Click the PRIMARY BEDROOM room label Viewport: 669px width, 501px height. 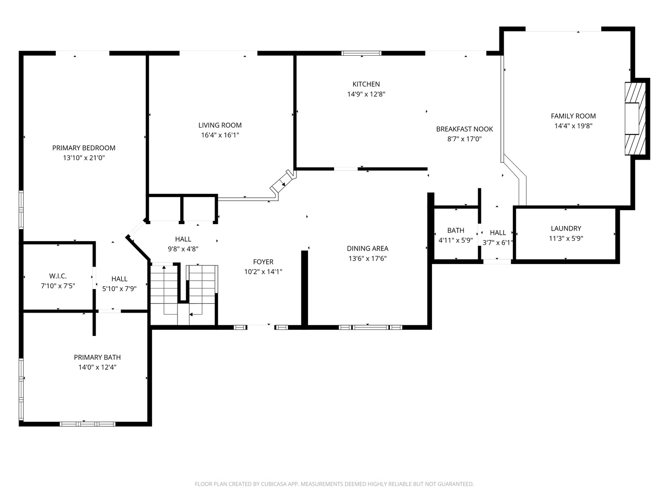pyautogui.click(x=84, y=148)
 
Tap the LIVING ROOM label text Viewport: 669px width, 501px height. pyautogui.click(x=220, y=125)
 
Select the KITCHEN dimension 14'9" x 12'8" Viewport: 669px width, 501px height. pyautogui.click(x=366, y=94)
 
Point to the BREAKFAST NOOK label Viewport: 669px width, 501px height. pyautogui.click(x=464, y=129)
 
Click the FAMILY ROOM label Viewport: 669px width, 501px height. pyautogui.click(x=573, y=116)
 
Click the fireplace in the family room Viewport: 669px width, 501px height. pyautogui.click(x=635, y=119)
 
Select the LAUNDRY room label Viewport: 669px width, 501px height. pyautogui.click(x=565, y=228)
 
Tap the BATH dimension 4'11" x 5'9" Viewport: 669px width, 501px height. pyautogui.click(x=455, y=240)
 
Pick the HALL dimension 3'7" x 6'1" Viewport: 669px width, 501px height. pyautogui.click(x=498, y=242)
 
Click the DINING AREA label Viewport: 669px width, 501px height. pyautogui.click(x=367, y=249)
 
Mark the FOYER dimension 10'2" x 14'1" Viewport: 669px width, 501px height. pyautogui.click(x=263, y=272)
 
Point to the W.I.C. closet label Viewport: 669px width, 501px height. pyautogui.click(x=58, y=276)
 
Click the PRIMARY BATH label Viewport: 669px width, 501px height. pyautogui.click(x=97, y=357)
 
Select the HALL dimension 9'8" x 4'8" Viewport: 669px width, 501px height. pyautogui.click(x=183, y=249)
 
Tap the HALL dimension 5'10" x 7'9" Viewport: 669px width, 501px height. pyautogui.click(x=119, y=289)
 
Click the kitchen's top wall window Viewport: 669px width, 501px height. pyautogui.click(x=361, y=53)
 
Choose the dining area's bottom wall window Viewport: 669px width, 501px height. pyautogui.click(x=370, y=327)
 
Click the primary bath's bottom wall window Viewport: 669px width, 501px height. pyautogui.click(x=87, y=424)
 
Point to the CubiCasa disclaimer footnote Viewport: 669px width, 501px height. pyautogui.click(x=334, y=484)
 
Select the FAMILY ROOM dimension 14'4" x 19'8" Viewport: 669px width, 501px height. pyautogui.click(x=573, y=126)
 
